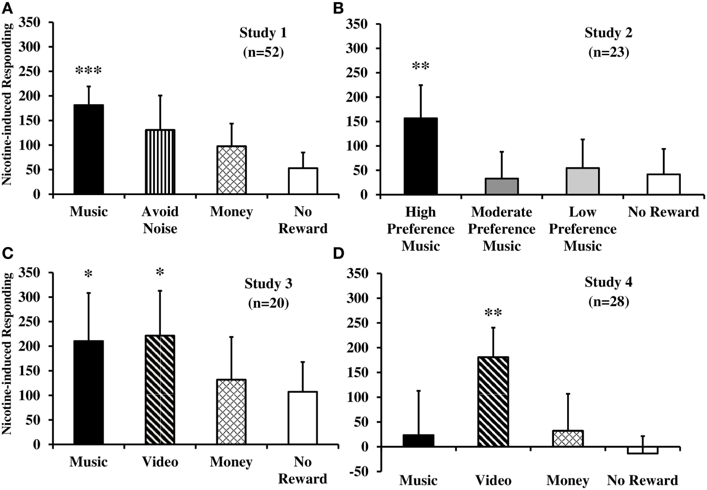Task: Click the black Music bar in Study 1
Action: click(88, 149)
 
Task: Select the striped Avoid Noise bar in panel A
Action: click(160, 162)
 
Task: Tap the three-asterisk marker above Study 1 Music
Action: click(88, 71)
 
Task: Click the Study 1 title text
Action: click(263, 33)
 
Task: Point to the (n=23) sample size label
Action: click(608, 52)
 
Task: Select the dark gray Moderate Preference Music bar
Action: click(502, 186)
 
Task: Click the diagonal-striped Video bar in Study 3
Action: click(160, 390)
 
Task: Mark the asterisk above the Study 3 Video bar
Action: click(160, 273)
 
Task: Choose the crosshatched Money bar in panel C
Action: click(231, 412)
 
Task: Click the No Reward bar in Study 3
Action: click(303, 417)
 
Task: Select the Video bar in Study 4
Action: click(493, 402)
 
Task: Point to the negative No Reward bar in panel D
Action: click(642, 450)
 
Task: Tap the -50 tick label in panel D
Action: click(359, 471)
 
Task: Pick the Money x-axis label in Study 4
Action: click(568, 480)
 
